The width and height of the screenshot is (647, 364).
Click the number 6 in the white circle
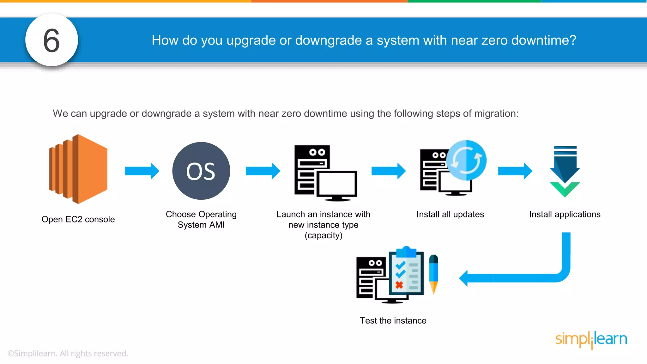pyautogui.click(x=51, y=40)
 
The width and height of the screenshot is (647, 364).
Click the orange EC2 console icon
pyautogui.click(x=79, y=169)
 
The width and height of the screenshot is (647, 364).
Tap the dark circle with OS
pyautogui.click(x=201, y=171)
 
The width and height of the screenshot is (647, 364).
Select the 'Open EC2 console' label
pyautogui.click(x=78, y=219)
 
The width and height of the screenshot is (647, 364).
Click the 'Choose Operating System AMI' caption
pyautogui.click(x=201, y=220)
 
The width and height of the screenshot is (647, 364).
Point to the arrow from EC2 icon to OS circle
pyautogui.click(x=142, y=171)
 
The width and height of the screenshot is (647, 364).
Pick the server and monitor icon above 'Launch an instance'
pyautogui.click(x=325, y=173)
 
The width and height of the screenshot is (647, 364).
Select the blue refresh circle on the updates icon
pyautogui.click(x=466, y=161)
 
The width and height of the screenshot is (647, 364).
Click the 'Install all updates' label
pyautogui.click(x=450, y=214)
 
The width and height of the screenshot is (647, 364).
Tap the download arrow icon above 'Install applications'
pyautogui.click(x=565, y=172)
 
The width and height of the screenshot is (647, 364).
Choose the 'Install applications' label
pyautogui.click(x=565, y=214)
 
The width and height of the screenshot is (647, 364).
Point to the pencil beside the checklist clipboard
pyautogui.click(x=434, y=274)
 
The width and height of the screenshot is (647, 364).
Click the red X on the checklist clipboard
pyautogui.click(x=399, y=285)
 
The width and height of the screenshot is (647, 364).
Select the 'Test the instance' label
pyautogui.click(x=393, y=321)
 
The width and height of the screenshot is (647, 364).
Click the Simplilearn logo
pyautogui.click(x=591, y=339)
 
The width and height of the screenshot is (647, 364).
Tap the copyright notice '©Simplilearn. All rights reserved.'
pyautogui.click(x=68, y=353)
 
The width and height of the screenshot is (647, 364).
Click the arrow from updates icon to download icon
pyautogui.click(x=515, y=171)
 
